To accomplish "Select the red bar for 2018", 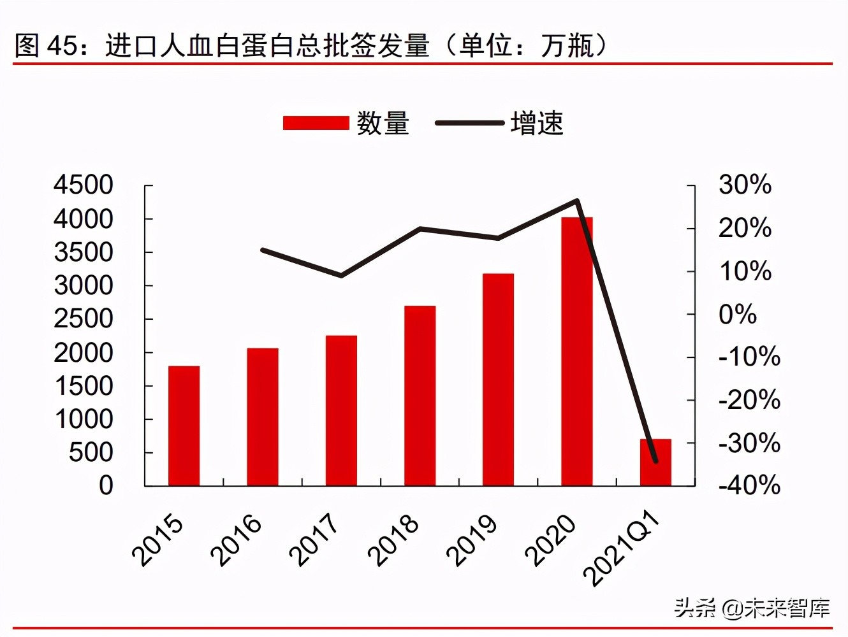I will (x=420, y=396).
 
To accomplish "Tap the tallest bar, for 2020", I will (x=576, y=352).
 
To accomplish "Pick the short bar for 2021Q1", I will (x=655, y=463).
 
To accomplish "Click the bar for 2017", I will (x=341, y=410).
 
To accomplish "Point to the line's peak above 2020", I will (x=576, y=201).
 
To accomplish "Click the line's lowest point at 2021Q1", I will (x=655, y=461).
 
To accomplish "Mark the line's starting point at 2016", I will (x=263, y=250).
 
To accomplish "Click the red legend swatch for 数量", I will (x=316, y=123).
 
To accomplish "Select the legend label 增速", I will (x=537, y=123).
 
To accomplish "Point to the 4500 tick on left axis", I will (x=84, y=185).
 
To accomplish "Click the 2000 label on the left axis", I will (x=84, y=352).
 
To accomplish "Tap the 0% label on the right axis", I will (x=738, y=314).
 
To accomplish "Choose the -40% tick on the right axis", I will (x=749, y=485).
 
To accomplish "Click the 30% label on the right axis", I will (x=745, y=185).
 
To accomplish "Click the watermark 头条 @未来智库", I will (x=752, y=608).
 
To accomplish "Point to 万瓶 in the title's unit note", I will (x=567, y=46).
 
